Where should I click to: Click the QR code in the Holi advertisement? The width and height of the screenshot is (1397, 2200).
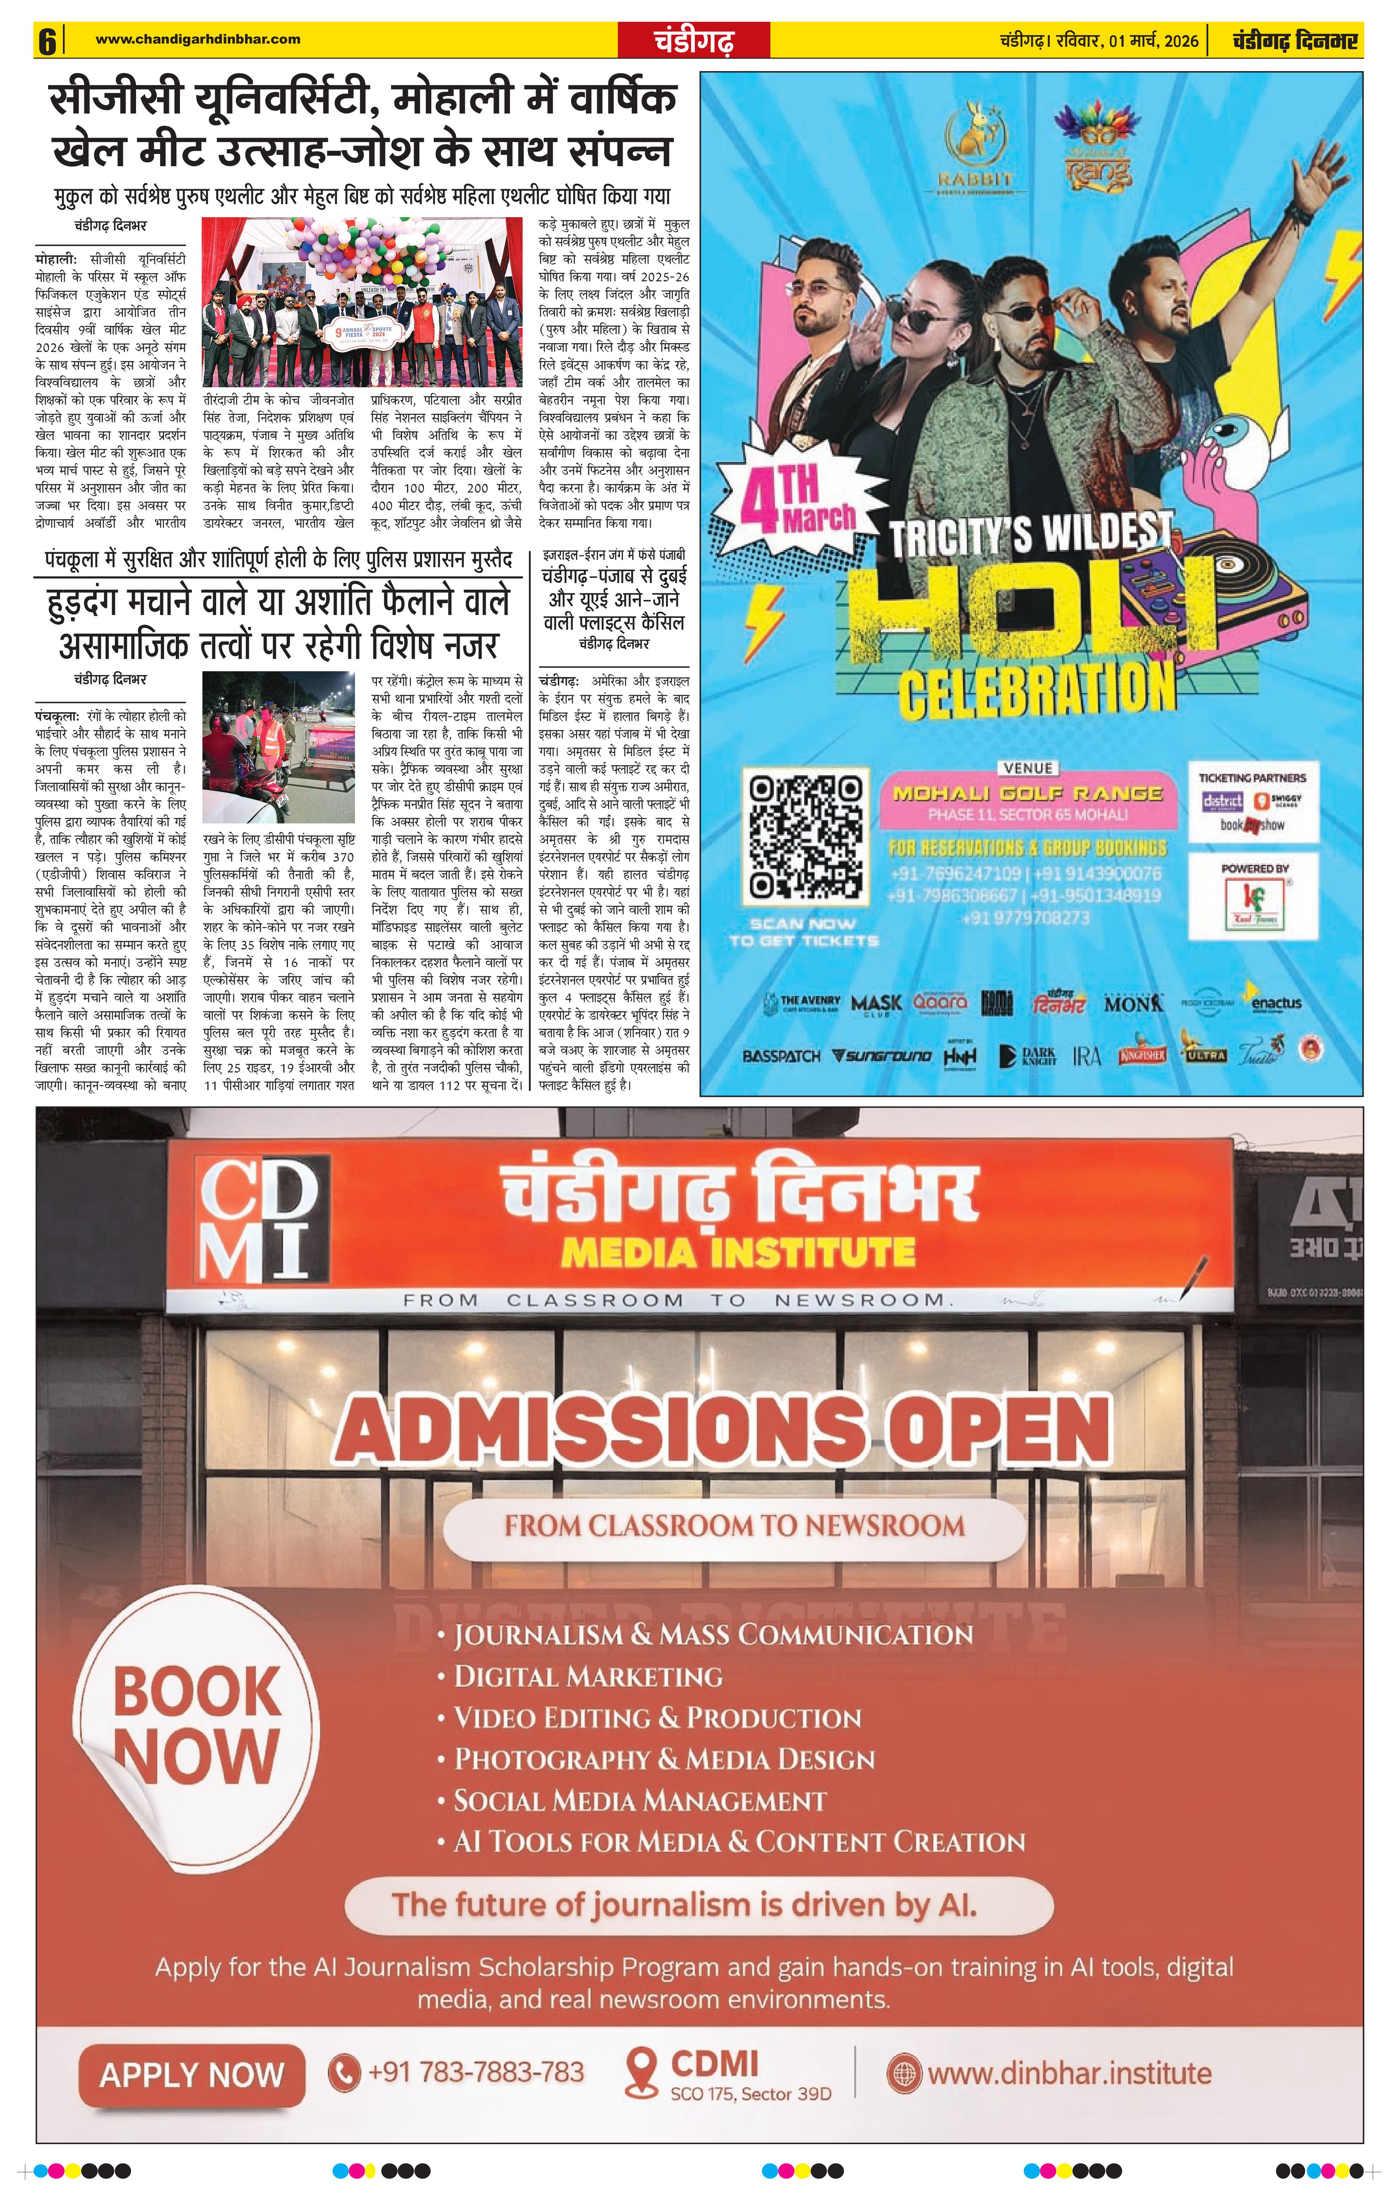804,836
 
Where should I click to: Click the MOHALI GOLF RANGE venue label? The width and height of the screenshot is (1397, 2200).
1027,793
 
